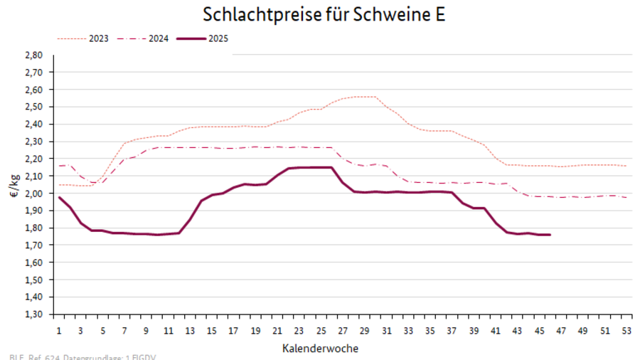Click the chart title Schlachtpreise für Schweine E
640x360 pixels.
pos(324,15)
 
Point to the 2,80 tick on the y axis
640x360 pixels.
pos(34,55)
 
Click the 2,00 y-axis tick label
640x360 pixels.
pos(34,194)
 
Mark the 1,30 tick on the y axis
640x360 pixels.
pos(34,314)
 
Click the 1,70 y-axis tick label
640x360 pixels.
pos(34,245)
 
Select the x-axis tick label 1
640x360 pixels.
pos(59,331)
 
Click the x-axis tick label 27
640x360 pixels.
pos(342,331)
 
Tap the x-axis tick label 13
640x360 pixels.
pos(190,331)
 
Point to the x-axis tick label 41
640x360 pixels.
pos(494,331)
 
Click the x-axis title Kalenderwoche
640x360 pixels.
pos(320,348)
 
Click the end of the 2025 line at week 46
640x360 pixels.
pos(549,235)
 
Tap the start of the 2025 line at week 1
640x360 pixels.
pos(59,197)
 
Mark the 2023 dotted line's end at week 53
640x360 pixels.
pos(625,166)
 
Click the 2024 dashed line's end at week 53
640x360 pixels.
pos(625,197)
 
